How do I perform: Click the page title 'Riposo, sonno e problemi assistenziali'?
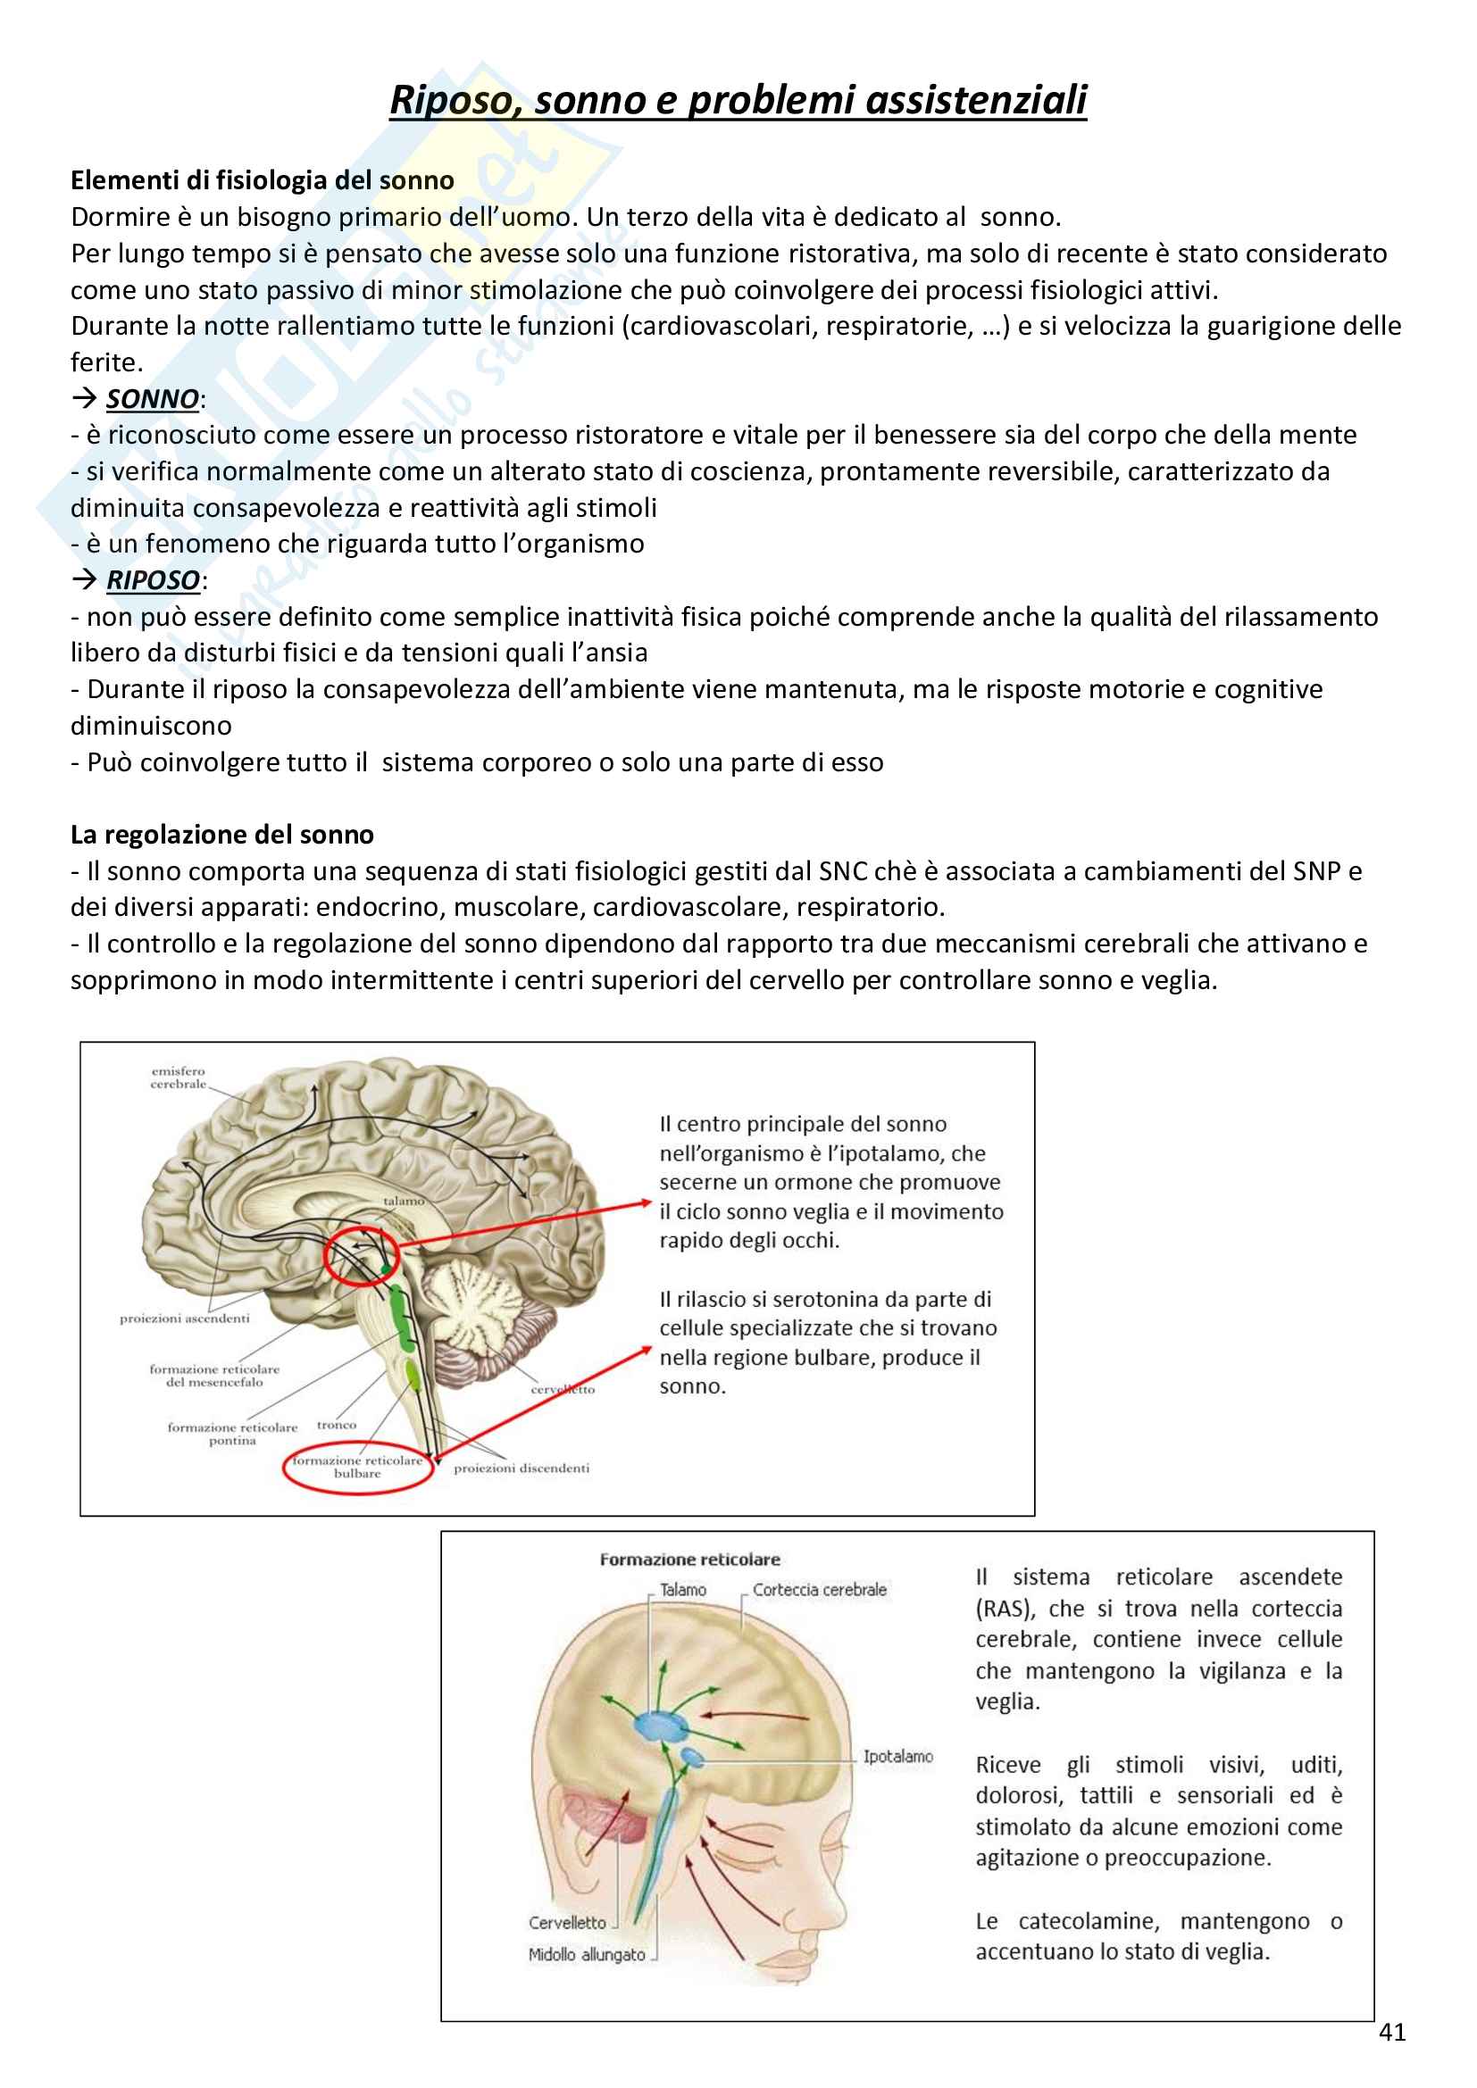(x=738, y=100)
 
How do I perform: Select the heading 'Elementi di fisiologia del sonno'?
(x=262, y=180)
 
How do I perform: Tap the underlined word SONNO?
(x=152, y=399)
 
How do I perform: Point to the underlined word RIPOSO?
(x=153, y=580)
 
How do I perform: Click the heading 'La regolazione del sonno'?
(x=222, y=835)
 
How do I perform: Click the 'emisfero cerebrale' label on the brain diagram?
(x=179, y=1077)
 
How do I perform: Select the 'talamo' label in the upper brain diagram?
(x=403, y=1201)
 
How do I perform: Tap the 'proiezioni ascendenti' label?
(x=185, y=1318)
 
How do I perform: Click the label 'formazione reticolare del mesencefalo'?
(x=214, y=1375)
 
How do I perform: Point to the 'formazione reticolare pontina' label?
(x=232, y=1434)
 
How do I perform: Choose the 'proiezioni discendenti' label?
(x=522, y=1468)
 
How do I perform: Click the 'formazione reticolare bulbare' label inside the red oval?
(x=357, y=1467)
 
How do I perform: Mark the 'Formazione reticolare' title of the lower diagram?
(x=689, y=1560)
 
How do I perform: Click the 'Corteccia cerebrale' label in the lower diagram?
(x=820, y=1590)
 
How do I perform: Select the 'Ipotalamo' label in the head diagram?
(x=897, y=1756)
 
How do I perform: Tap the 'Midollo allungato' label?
(x=587, y=1954)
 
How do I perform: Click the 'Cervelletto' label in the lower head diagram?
(x=567, y=1923)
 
